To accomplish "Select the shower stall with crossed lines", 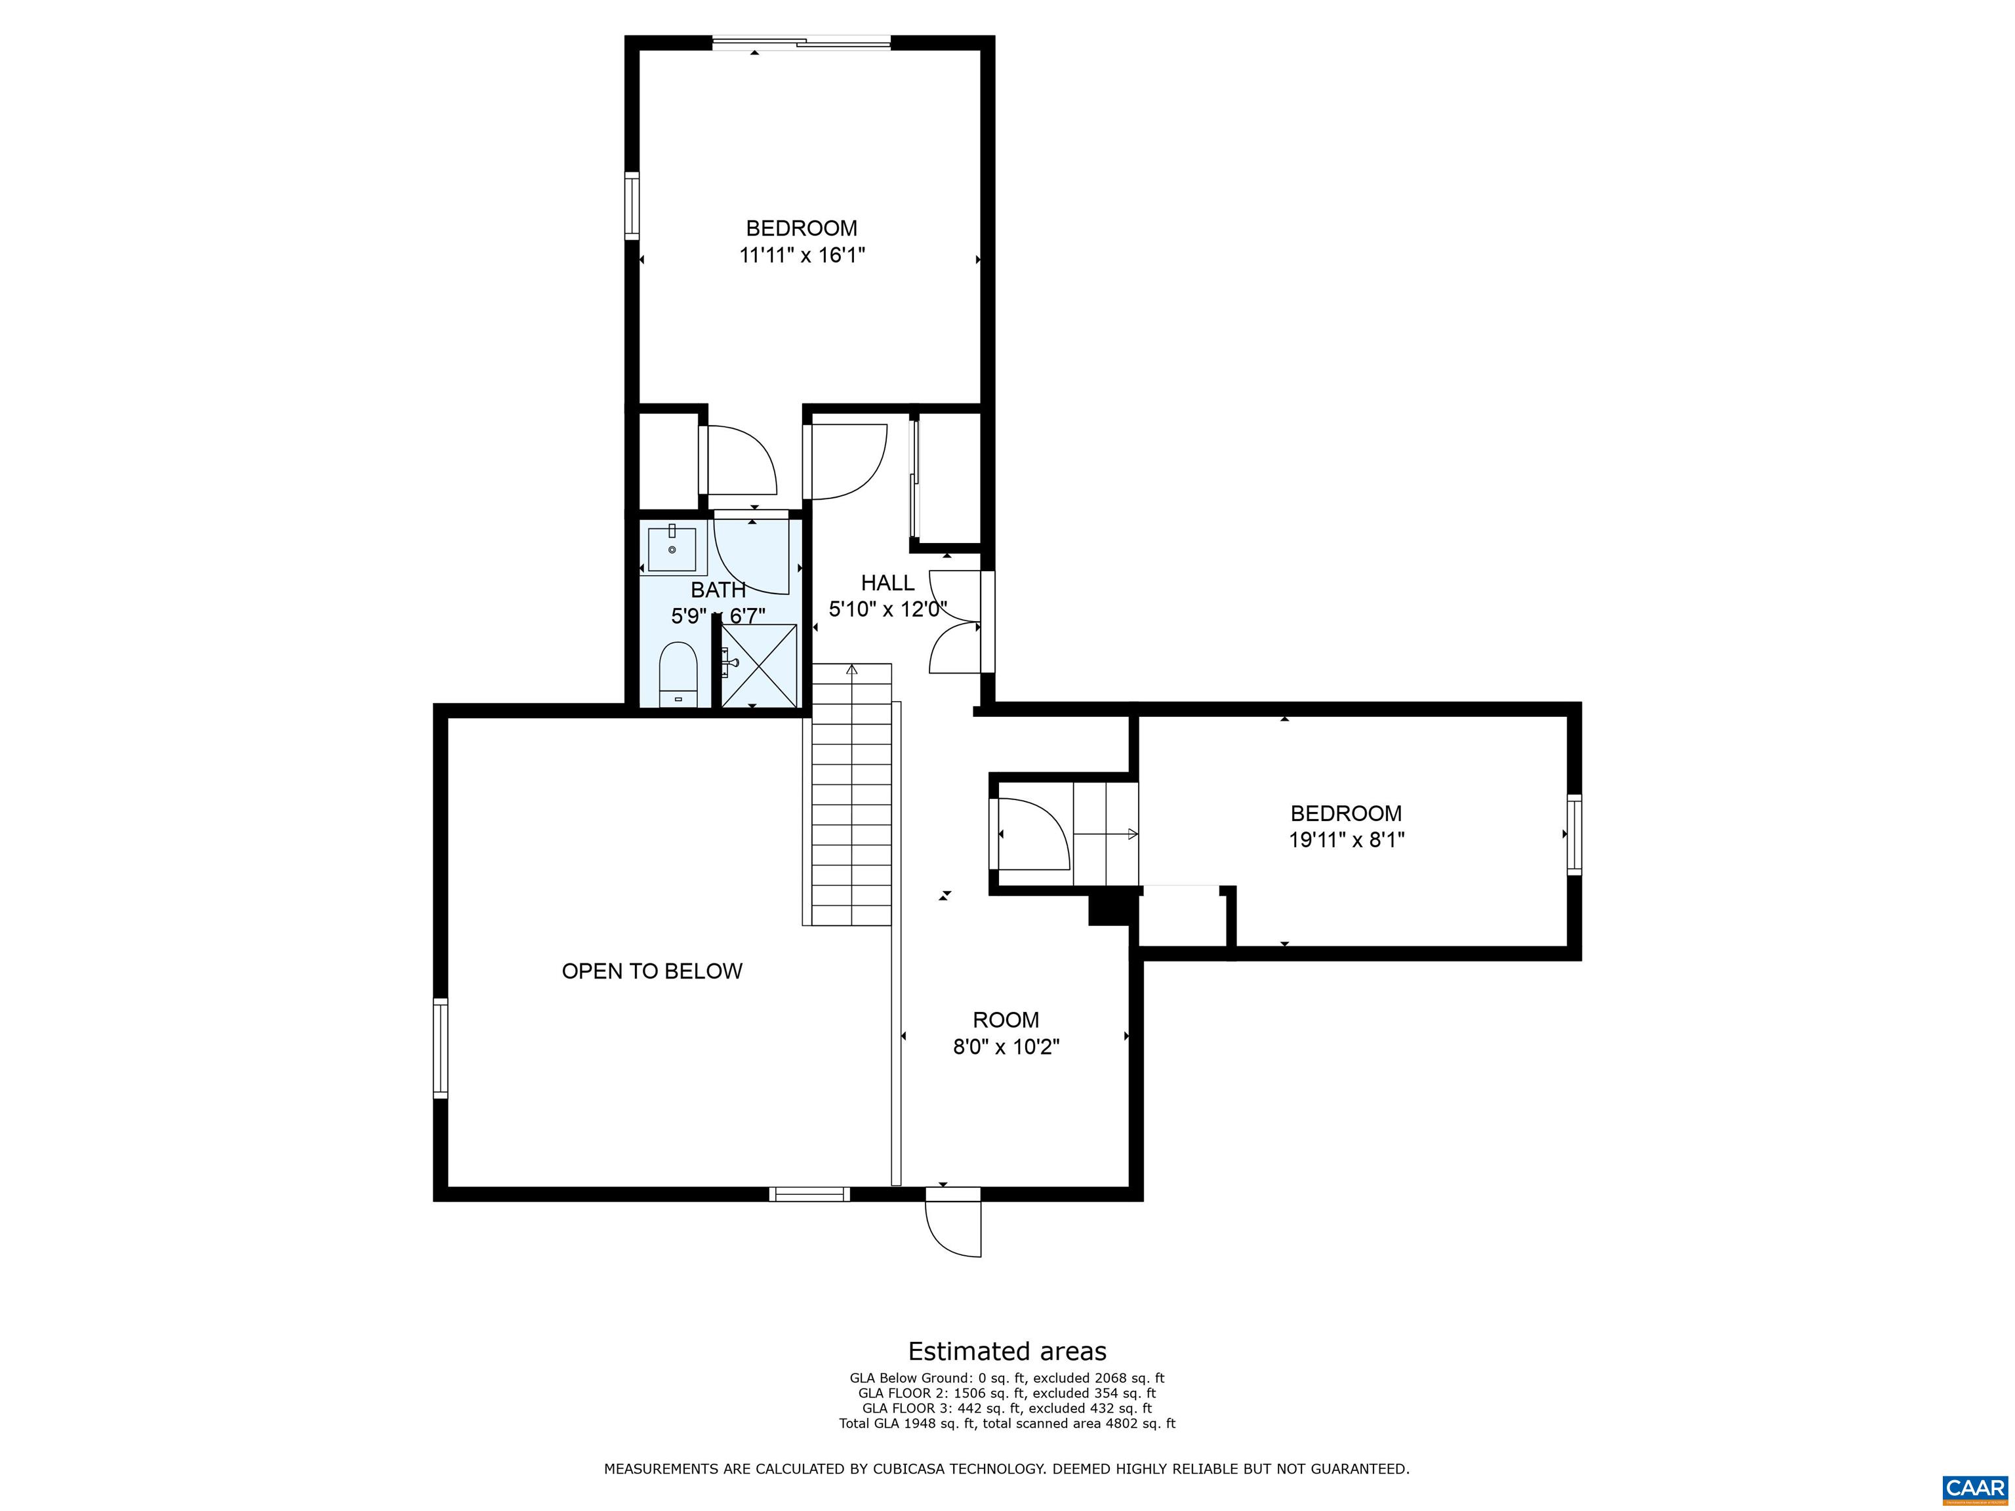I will (x=759, y=666).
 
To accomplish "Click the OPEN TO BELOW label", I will (x=651, y=971).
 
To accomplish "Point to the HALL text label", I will (x=887, y=583).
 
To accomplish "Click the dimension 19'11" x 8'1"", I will (x=1345, y=839).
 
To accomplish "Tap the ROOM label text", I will (x=1006, y=1020).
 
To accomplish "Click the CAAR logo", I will (x=1975, y=1488).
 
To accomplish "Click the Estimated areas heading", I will (x=1007, y=1351).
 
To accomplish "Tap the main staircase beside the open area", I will (x=851, y=794).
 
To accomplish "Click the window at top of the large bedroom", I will (x=801, y=42).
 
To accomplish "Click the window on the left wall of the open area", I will (x=440, y=1047).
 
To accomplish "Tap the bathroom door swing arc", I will (x=750, y=555).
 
